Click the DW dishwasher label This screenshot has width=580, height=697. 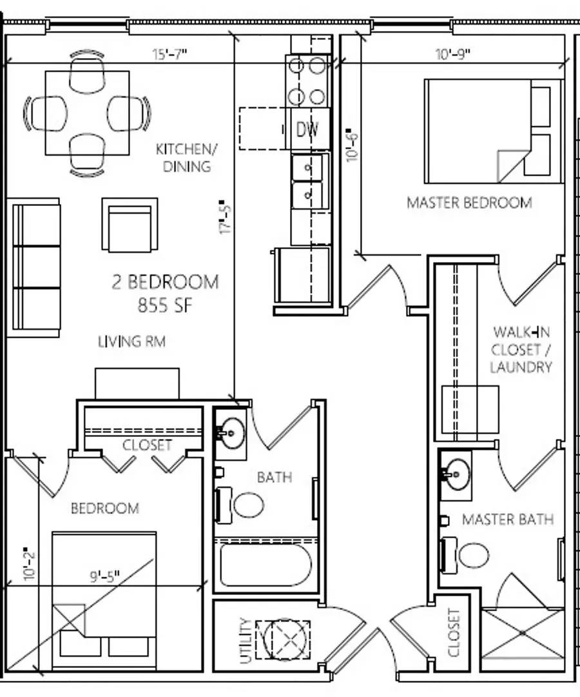coord(307,129)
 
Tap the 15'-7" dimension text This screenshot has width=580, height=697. coord(169,54)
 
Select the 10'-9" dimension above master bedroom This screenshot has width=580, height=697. coord(452,54)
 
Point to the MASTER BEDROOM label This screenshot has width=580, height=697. coord(470,203)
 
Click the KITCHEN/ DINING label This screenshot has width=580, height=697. coord(186,157)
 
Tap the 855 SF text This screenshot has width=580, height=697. coord(165,305)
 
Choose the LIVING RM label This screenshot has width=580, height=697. coord(132,341)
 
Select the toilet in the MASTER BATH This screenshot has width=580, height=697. coord(465,555)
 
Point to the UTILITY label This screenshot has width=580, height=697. coord(246,641)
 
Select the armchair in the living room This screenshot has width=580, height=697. coord(130,225)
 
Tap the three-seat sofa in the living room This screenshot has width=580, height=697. coord(34,267)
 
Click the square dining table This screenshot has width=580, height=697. coord(88,113)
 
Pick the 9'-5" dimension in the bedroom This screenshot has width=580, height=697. coord(105,576)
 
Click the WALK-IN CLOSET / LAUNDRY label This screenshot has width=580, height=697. coord(521,349)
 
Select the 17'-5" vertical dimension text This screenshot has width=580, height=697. coord(226,218)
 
